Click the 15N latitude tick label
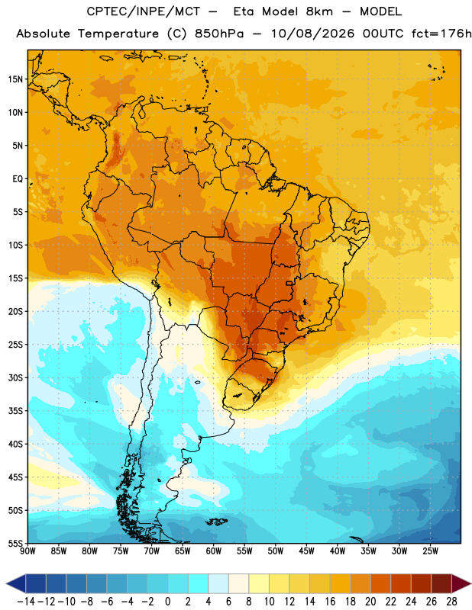click(x=15, y=79)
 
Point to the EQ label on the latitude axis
click(x=18, y=179)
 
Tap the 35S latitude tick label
click(x=15, y=411)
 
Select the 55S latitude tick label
click(x=15, y=544)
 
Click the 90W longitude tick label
click(x=27, y=551)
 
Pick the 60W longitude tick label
click(x=214, y=551)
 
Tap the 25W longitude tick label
click(x=430, y=551)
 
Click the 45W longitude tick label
click(x=306, y=551)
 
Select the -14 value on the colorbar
click(x=26, y=602)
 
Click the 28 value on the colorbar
click(x=451, y=602)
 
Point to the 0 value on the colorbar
click(x=167, y=602)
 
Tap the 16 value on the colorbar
click(x=330, y=602)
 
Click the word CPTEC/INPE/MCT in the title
click(x=144, y=11)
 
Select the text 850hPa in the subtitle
click(x=219, y=34)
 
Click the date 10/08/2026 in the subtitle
click(x=313, y=34)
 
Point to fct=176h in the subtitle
click(x=441, y=34)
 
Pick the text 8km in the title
click(x=319, y=11)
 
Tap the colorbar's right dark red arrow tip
click(x=470, y=583)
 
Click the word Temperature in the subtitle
click(x=118, y=34)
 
